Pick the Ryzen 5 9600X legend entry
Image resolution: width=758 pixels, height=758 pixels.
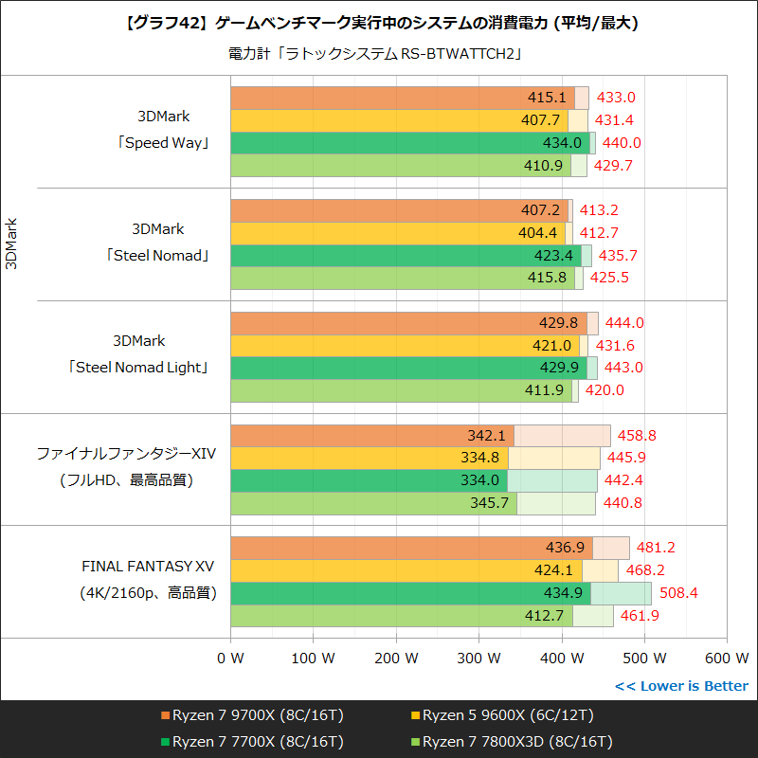coord(508,715)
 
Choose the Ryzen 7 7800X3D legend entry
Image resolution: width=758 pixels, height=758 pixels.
coord(516,740)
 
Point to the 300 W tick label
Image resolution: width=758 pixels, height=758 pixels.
coord(479,658)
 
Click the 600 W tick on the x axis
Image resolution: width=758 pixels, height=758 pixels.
coord(728,658)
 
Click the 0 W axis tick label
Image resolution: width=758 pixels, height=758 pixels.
coord(230,658)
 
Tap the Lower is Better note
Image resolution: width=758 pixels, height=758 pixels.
coord(681,686)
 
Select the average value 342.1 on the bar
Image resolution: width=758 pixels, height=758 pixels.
coord(488,436)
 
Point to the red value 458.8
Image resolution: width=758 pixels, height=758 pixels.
coord(637,436)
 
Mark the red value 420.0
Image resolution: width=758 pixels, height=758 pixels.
coord(605,390)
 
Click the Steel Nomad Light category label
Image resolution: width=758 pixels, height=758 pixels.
coord(138,367)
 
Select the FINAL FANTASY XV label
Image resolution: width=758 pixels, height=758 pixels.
coord(148,567)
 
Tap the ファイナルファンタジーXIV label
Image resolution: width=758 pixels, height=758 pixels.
coord(127,454)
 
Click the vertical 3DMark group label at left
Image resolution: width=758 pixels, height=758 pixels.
coord(12,244)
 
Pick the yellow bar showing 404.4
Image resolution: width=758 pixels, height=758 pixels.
coord(398,233)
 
